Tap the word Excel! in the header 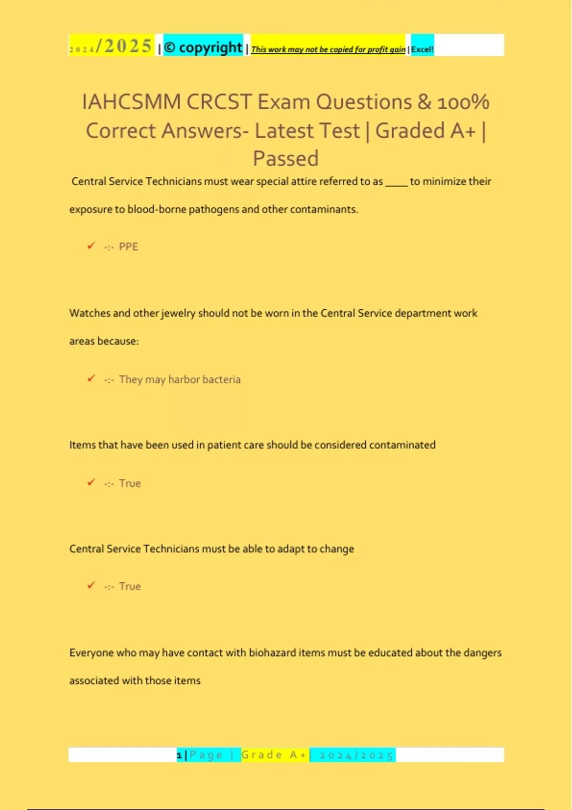[x=422, y=49]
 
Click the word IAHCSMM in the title [x=132, y=102]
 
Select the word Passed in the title [x=286, y=158]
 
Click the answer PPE [x=128, y=247]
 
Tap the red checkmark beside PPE [x=91, y=246]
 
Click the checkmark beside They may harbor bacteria [x=91, y=378]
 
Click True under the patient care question [x=130, y=483]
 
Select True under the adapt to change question [x=130, y=586]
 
